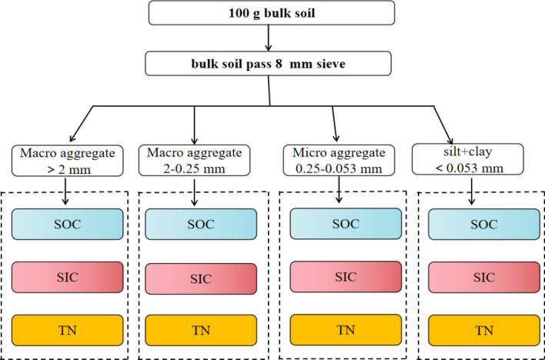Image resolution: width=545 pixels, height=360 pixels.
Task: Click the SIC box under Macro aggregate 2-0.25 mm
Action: [x=196, y=278]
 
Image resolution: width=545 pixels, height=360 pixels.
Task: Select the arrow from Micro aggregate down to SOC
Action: [x=338, y=192]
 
